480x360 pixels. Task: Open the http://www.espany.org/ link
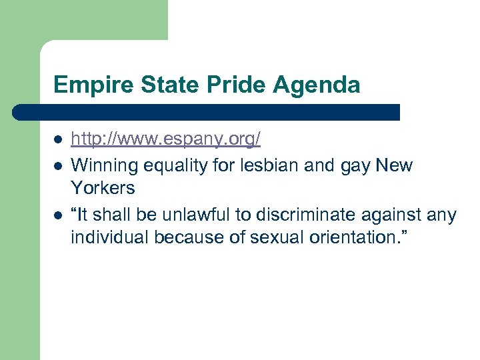165,139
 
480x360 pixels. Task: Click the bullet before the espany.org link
58,140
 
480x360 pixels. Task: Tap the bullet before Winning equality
58,165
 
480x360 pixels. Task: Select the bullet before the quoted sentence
58,215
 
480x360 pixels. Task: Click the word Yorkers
103,189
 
